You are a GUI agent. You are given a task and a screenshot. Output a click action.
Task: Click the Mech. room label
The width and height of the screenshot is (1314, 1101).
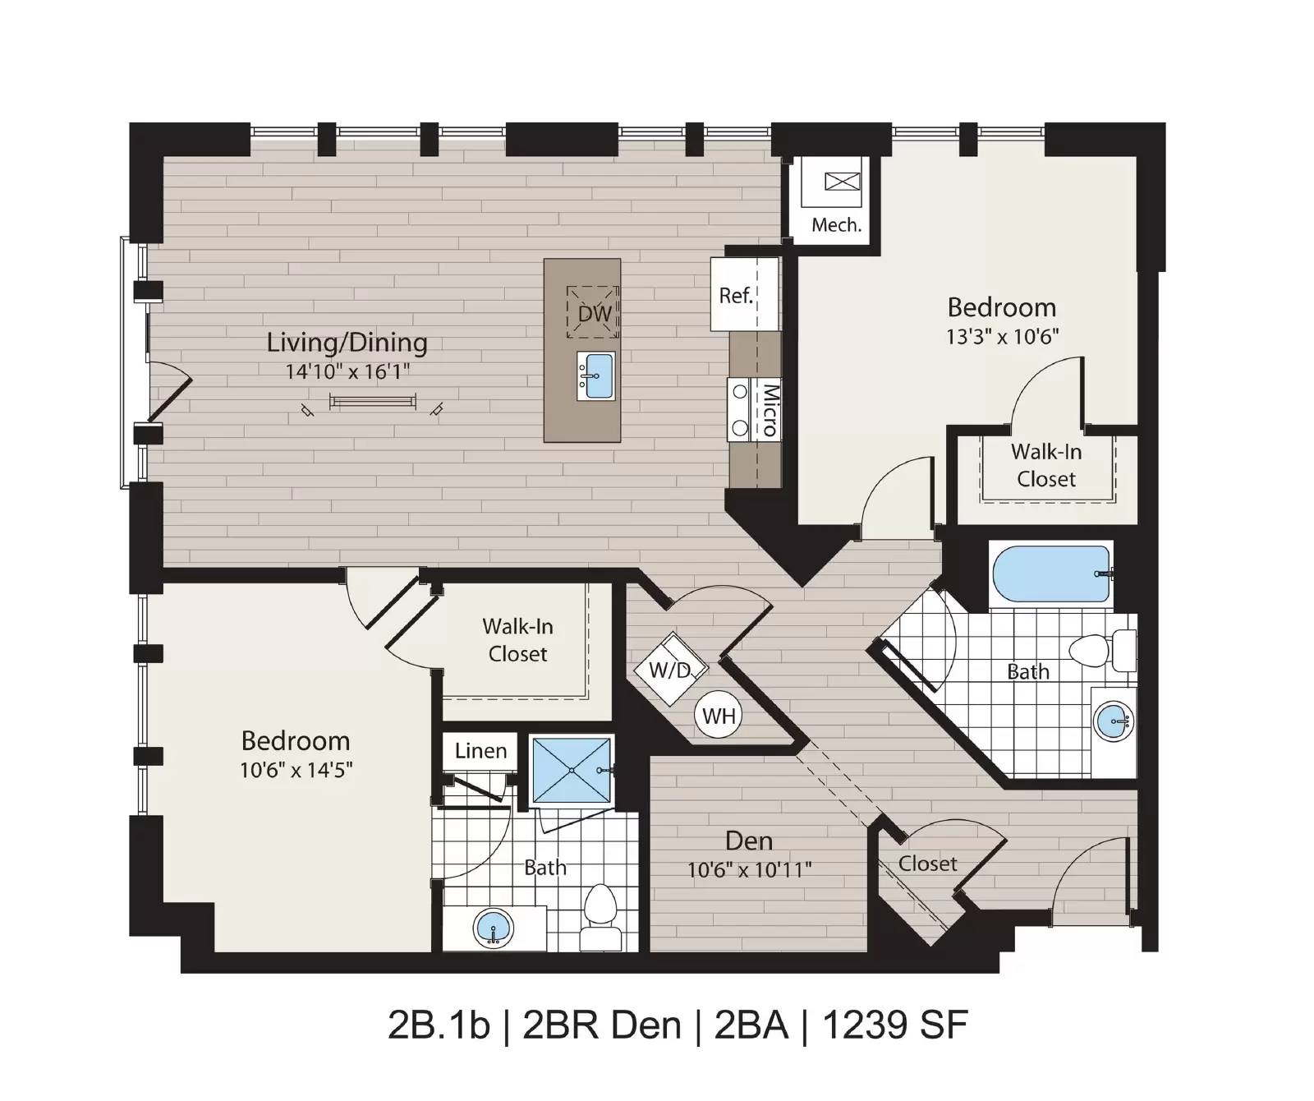point(836,224)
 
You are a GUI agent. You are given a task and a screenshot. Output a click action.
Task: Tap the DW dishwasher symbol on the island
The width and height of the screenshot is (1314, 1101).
point(594,312)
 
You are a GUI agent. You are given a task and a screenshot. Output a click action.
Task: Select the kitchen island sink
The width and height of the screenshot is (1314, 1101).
point(596,375)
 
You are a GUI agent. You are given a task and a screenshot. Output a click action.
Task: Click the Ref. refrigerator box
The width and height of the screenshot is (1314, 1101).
point(744,294)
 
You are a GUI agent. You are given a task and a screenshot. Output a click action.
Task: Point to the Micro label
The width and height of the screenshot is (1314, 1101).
point(770,409)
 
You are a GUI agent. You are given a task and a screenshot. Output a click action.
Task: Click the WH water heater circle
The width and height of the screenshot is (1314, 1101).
point(719,716)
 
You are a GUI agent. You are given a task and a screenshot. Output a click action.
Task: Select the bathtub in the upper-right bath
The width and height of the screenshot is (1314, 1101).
point(1051,575)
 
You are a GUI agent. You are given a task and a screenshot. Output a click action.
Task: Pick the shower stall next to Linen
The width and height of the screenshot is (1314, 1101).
point(572,770)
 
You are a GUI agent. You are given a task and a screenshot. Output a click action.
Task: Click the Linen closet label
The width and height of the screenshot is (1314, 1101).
point(481,750)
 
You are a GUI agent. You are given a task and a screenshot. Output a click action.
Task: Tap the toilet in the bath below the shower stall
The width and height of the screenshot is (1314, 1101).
point(602,919)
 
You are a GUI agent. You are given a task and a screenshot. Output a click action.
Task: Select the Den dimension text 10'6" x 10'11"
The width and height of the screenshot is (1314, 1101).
point(750,869)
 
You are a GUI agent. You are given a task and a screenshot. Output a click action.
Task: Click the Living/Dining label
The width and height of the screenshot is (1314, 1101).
point(347,343)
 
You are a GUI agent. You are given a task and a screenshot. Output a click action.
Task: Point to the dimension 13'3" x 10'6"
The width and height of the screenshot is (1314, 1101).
point(1002,336)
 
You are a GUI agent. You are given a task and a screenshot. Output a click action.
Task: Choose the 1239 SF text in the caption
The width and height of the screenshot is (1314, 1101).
point(895,1025)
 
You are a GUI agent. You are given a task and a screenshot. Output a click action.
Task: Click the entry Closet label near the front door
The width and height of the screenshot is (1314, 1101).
point(927,864)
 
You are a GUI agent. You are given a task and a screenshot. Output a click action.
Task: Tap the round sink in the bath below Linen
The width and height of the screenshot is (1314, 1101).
point(494,928)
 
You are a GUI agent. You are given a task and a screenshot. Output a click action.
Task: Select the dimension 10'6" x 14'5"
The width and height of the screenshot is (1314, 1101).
point(296,770)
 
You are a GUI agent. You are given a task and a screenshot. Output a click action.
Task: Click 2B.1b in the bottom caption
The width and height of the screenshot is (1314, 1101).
point(439,1025)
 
